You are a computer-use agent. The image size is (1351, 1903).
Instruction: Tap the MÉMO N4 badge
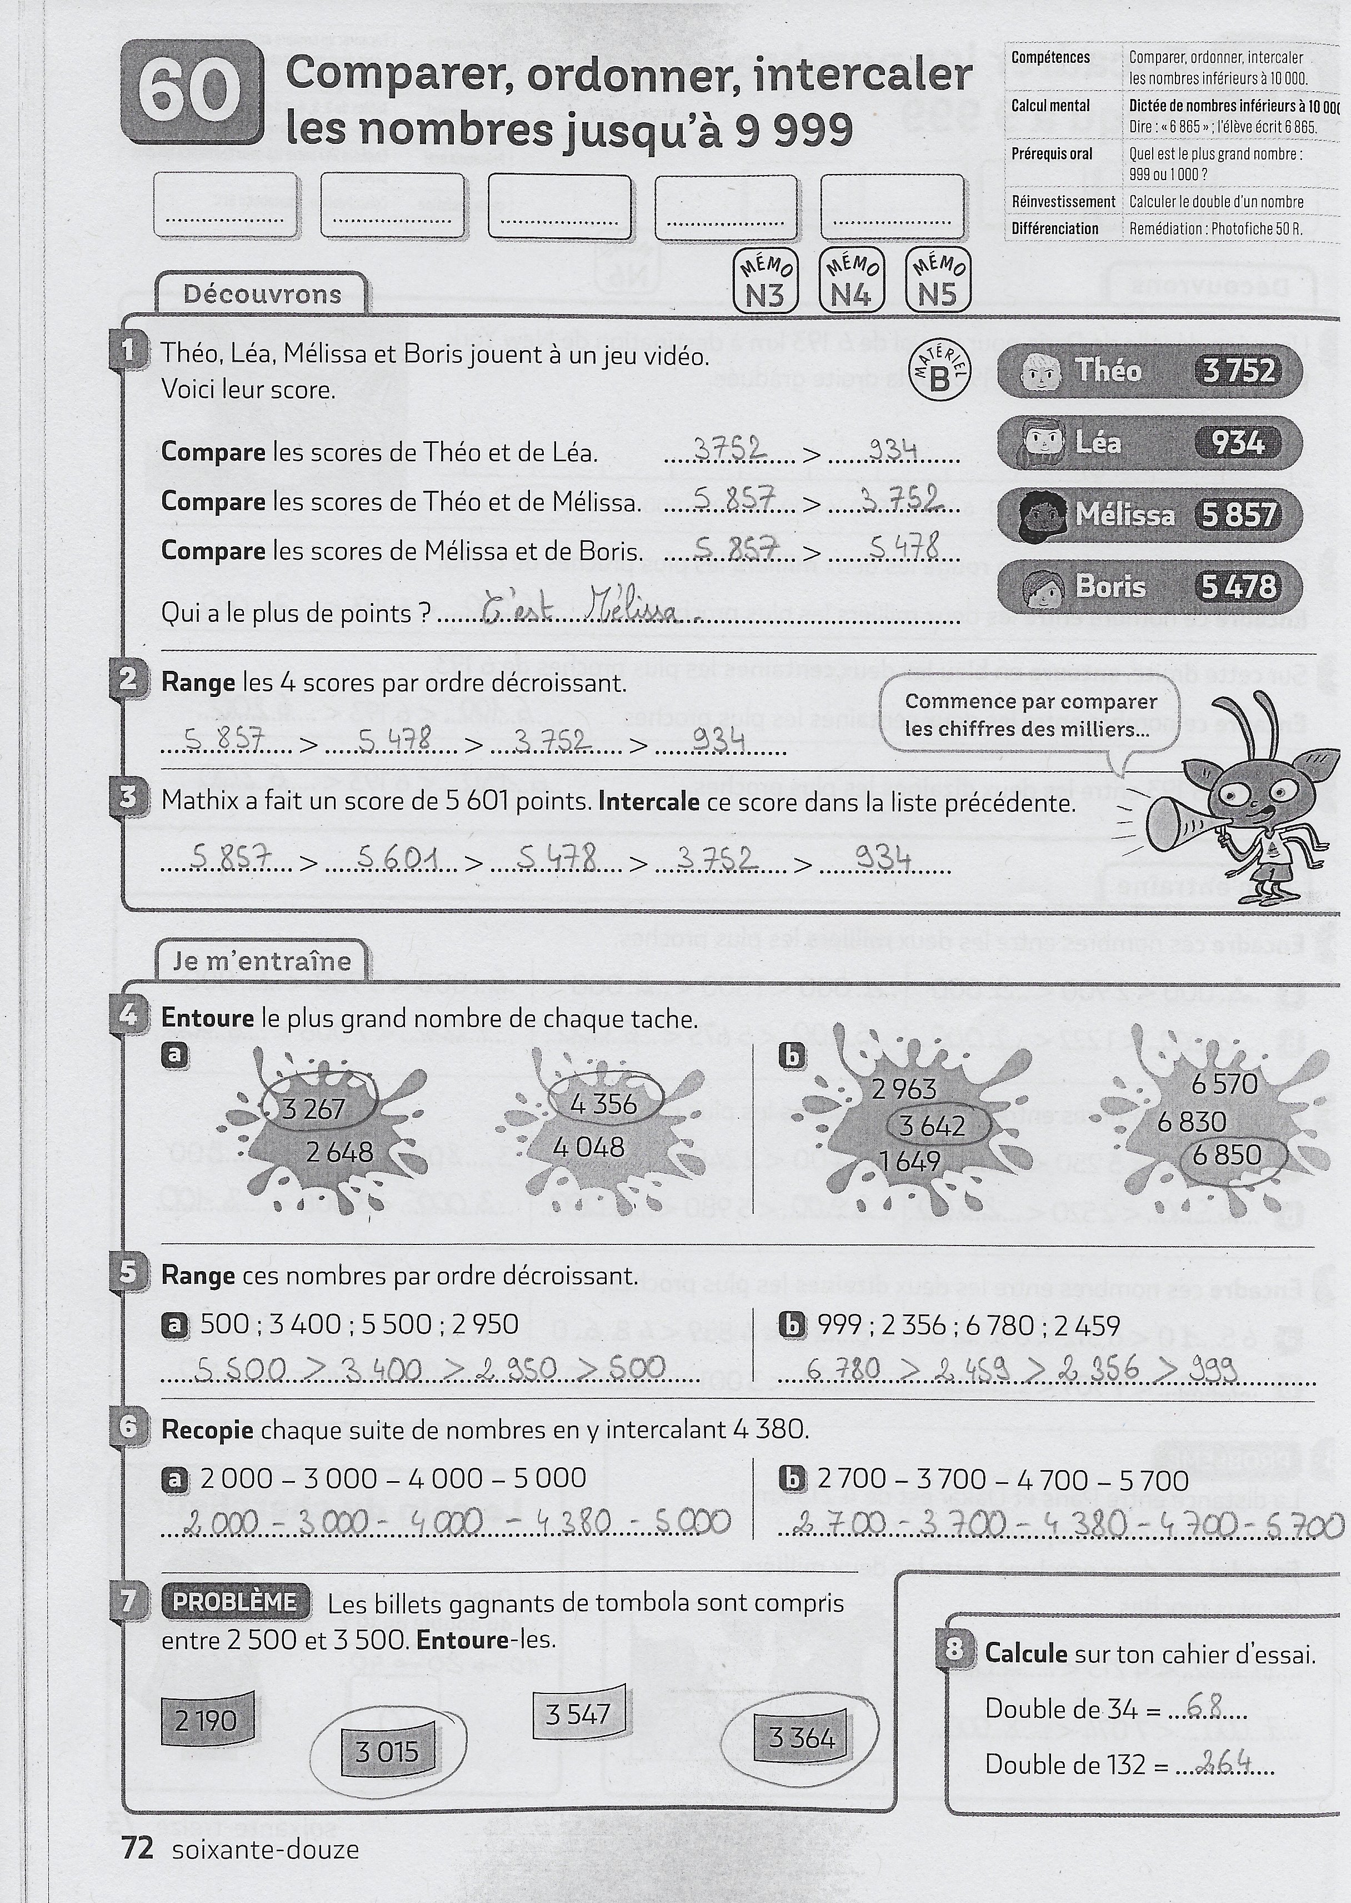point(850,281)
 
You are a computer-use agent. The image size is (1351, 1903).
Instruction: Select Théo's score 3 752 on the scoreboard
point(1238,370)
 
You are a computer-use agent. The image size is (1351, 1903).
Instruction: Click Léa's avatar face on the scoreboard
point(1040,442)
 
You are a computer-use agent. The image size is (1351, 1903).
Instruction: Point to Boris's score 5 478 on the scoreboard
point(1238,586)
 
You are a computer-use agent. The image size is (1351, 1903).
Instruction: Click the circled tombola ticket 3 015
point(387,1752)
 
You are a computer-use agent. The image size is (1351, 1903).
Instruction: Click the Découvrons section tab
point(262,293)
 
